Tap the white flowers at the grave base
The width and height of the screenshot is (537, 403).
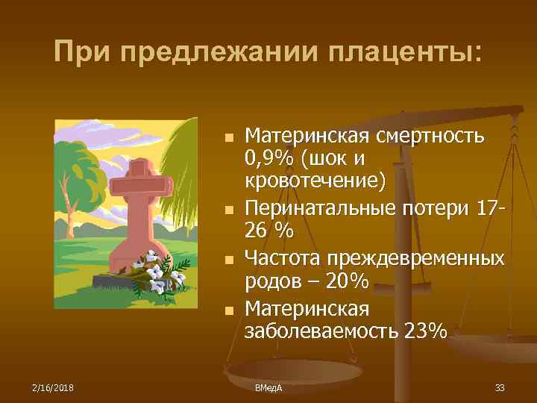161,275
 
